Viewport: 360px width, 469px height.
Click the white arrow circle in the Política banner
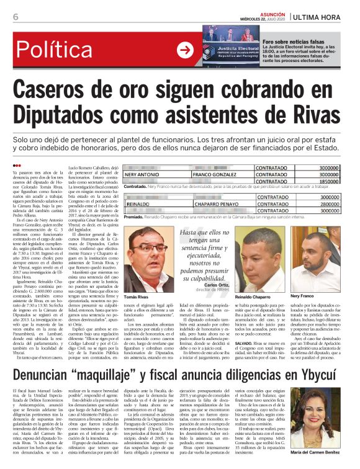(185, 49)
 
